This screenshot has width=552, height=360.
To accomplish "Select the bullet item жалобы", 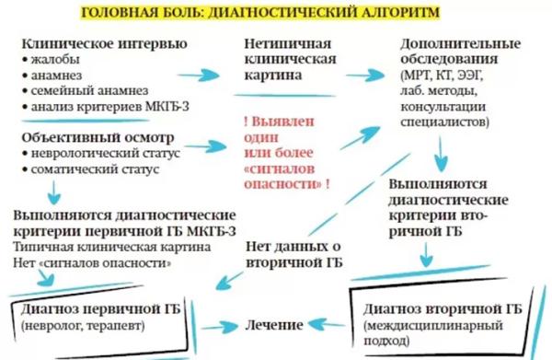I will (54, 59).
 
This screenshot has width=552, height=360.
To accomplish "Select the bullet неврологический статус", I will (93, 154).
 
